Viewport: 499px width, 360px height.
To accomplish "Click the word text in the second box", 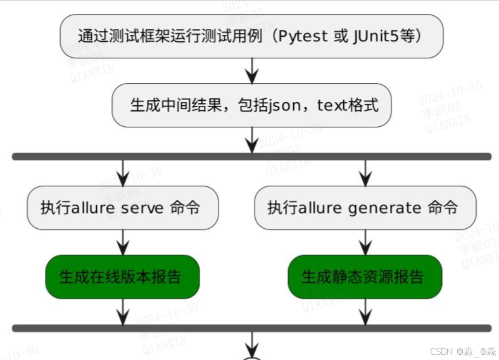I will coord(332,105).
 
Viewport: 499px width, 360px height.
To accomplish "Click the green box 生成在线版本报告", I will coord(122,277).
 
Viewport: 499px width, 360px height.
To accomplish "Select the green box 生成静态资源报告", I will coord(365,277).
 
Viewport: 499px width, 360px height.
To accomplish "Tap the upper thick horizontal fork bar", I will coord(251,156).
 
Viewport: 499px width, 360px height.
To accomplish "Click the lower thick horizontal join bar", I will coord(251,328).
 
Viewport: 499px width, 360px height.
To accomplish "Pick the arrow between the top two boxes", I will coord(252,70).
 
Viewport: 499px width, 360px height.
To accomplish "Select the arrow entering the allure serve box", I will coord(123,173).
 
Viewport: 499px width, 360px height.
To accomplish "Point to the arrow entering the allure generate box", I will coord(365,173).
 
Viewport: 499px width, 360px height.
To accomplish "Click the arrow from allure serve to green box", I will coord(123,242).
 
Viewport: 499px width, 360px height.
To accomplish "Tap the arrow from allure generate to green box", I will coord(365,242).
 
